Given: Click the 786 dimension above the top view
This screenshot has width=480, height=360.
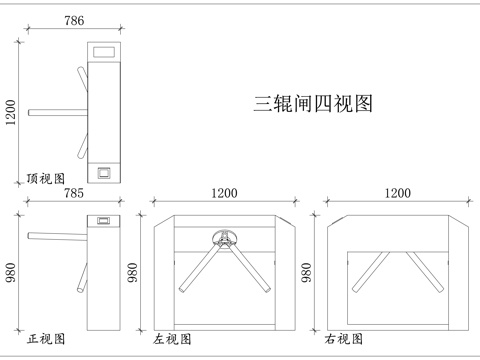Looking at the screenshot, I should (73, 20).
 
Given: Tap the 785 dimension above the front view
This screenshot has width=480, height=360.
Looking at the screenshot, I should (73, 194).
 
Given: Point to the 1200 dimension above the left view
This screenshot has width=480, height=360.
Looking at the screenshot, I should (223, 194).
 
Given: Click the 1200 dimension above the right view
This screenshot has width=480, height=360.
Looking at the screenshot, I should (398, 194).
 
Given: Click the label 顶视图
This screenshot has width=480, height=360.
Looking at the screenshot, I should (45, 178).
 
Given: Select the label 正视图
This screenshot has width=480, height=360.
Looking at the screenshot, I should (45, 340).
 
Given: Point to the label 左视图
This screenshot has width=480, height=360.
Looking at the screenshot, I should (172, 340).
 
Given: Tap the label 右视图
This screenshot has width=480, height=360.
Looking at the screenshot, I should (343, 340).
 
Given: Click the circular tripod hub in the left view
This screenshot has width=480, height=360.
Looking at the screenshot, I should (224, 238).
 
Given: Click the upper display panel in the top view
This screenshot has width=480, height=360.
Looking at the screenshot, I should (104, 50).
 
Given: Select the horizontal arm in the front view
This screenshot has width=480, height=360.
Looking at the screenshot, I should (58, 236).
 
